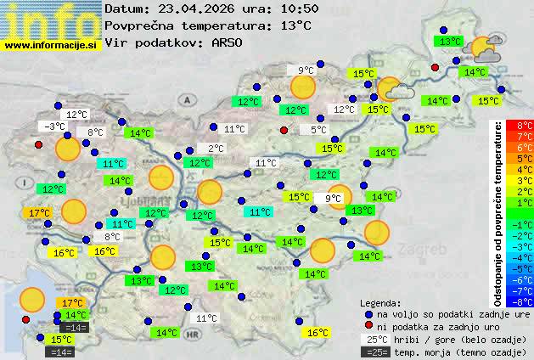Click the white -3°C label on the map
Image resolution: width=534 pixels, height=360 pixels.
pos(56,127)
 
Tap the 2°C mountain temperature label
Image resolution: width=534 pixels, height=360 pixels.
pos(216,149)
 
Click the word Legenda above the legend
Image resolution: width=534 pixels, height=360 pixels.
pos(380,302)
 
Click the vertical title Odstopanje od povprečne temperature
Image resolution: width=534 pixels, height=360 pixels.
pos(498,212)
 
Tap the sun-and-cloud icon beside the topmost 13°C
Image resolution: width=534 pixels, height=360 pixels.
pos(486,48)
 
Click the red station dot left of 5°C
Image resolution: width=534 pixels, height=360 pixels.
pos(284,130)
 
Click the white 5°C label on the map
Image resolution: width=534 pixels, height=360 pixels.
pos(318,130)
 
